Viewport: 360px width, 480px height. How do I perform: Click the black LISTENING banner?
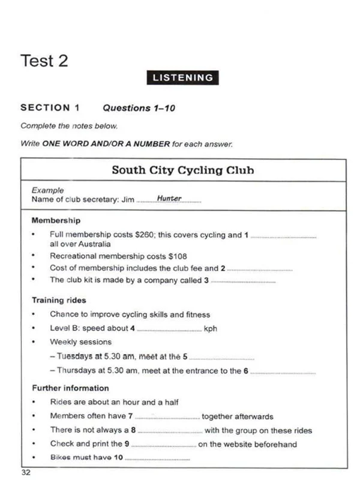182,77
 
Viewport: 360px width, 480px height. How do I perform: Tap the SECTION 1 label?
50,108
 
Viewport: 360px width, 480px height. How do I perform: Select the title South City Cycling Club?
183,170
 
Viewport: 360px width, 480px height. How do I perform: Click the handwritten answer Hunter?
169,199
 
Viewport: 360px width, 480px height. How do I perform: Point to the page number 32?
25,472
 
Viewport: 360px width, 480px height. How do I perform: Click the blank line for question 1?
283,237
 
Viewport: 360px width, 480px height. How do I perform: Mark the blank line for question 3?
243,281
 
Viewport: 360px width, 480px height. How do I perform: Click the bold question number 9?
127,444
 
